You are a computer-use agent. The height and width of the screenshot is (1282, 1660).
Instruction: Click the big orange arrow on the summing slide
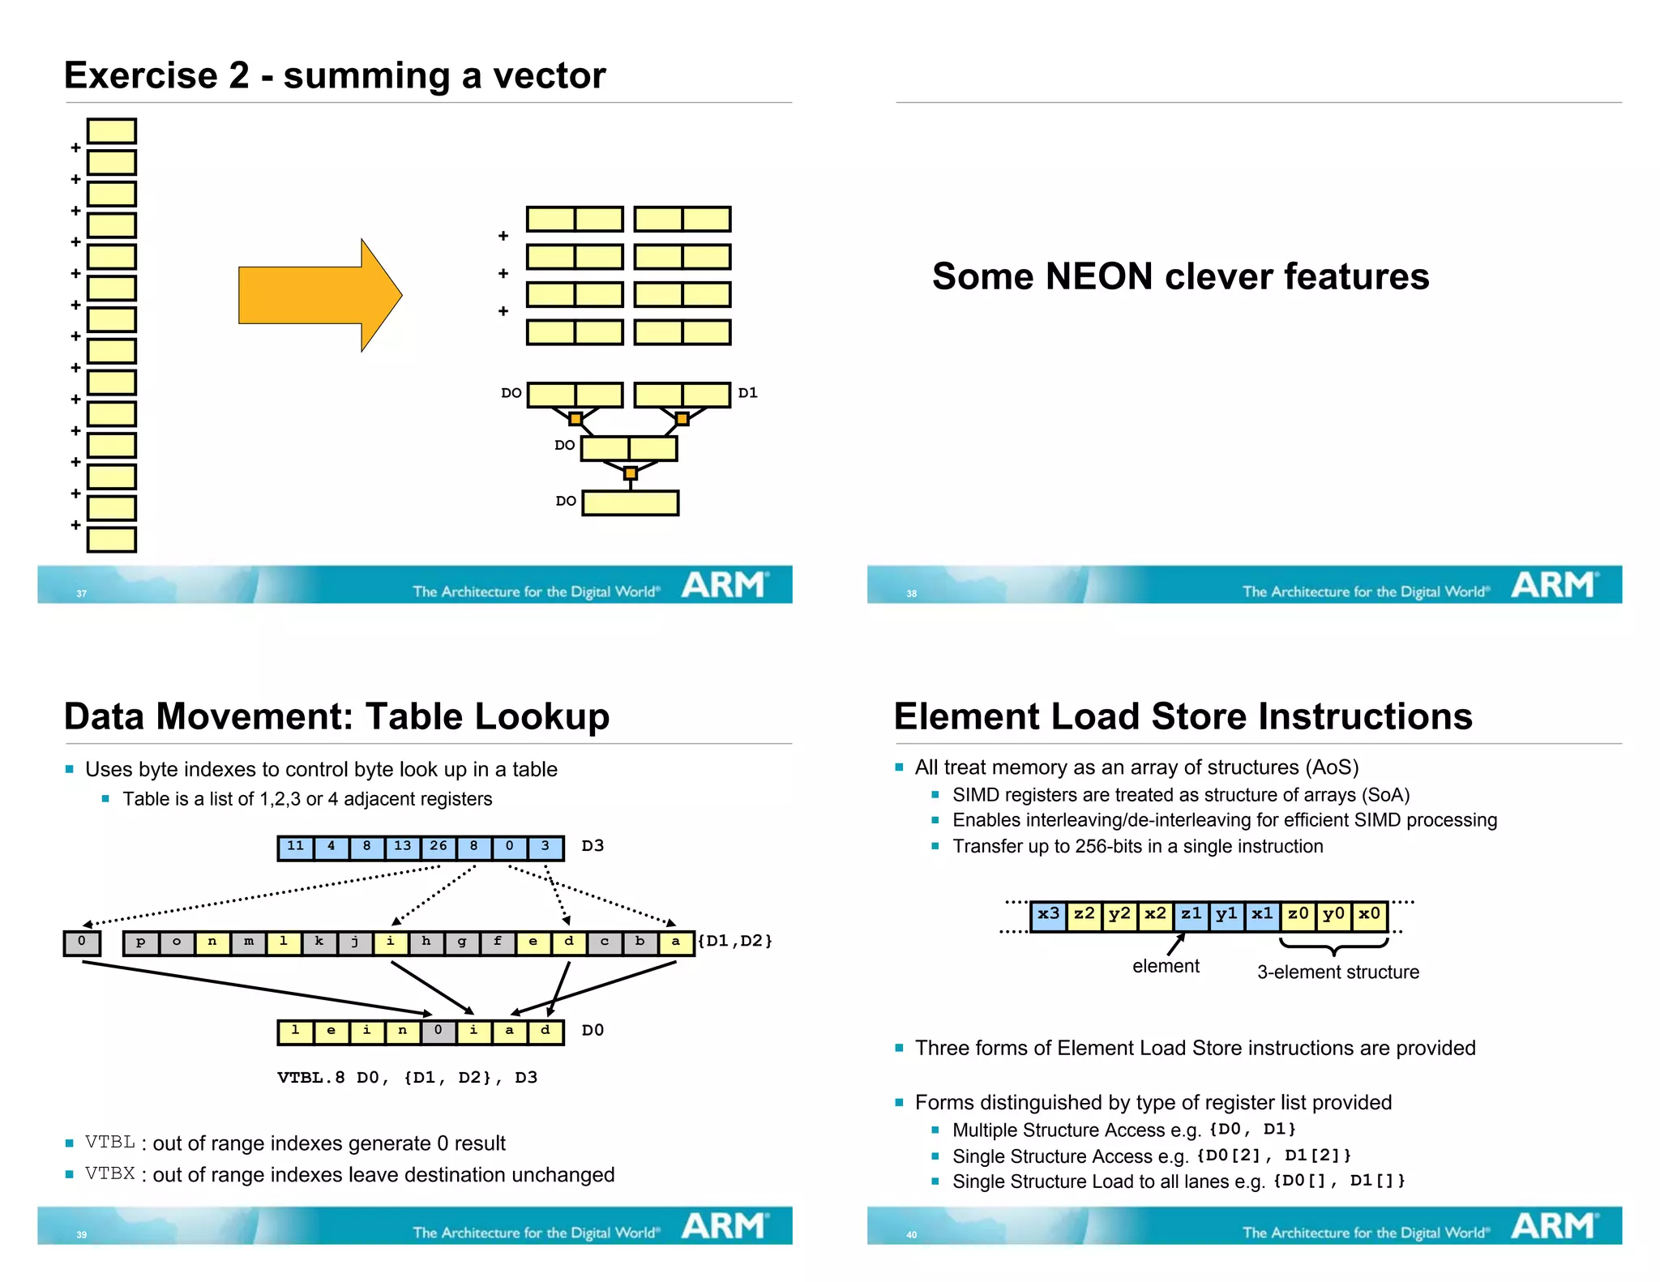click(x=316, y=295)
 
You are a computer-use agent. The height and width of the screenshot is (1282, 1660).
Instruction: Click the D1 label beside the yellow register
click(x=747, y=393)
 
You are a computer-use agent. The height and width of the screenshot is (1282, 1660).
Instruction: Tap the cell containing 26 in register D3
click(x=439, y=847)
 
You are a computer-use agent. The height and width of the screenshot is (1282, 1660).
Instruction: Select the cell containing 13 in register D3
click(x=403, y=847)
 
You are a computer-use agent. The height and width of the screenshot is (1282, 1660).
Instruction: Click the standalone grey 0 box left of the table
click(x=82, y=942)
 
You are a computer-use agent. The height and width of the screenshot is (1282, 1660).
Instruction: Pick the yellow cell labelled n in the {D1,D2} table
click(x=212, y=942)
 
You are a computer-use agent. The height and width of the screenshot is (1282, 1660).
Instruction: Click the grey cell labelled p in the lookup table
click(x=141, y=942)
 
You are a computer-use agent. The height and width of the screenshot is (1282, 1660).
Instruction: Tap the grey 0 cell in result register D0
click(x=439, y=1031)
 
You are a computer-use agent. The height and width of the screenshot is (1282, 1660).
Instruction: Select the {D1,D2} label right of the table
click(x=734, y=941)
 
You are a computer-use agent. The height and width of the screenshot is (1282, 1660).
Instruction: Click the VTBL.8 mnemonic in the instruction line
click(x=311, y=1078)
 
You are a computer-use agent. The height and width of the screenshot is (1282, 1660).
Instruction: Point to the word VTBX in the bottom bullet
click(x=109, y=1173)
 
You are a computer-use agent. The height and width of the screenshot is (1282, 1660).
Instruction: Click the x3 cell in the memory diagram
click(x=1048, y=915)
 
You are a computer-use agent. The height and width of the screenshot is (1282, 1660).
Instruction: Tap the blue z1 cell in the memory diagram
click(x=1191, y=915)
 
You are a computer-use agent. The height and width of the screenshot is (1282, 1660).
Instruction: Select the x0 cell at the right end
click(x=1369, y=915)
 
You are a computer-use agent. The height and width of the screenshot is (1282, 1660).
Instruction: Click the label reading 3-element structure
click(x=1337, y=972)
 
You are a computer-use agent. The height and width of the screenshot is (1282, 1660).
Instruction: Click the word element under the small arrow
click(x=1166, y=966)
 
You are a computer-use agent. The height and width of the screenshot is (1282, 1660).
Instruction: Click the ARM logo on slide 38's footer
click(x=1553, y=584)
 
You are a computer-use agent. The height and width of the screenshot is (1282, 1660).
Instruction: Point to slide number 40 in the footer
click(x=911, y=1235)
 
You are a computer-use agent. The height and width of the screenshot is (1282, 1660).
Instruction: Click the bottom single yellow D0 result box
click(x=631, y=503)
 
